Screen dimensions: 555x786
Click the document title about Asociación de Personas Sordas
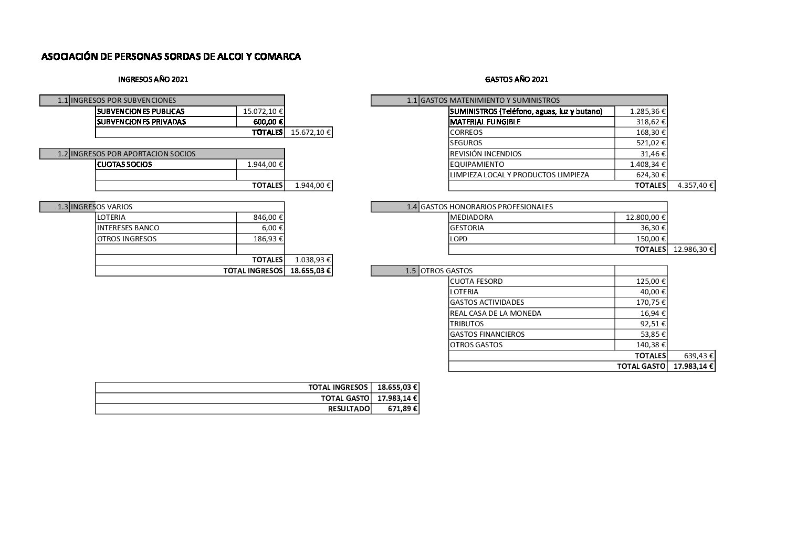point(171,57)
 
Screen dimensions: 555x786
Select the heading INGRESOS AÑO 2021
point(153,79)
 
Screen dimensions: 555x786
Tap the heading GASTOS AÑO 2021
point(517,79)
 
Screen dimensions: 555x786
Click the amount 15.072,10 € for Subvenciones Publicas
point(263,111)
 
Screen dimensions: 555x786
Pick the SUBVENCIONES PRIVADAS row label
point(141,122)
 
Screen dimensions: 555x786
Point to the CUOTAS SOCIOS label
point(124,164)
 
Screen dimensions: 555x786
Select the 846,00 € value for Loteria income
point(268,217)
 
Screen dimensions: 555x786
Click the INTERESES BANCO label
point(128,228)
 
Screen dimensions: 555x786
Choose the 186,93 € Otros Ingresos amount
point(268,239)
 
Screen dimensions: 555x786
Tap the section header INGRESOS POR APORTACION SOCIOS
point(133,154)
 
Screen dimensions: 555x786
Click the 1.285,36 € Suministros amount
point(648,111)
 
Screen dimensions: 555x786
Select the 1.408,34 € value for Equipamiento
point(648,164)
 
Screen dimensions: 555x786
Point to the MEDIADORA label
point(471,217)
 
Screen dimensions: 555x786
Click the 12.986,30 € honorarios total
point(693,249)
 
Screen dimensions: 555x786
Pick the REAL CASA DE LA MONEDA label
point(496,313)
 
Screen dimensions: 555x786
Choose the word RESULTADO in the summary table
point(349,409)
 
